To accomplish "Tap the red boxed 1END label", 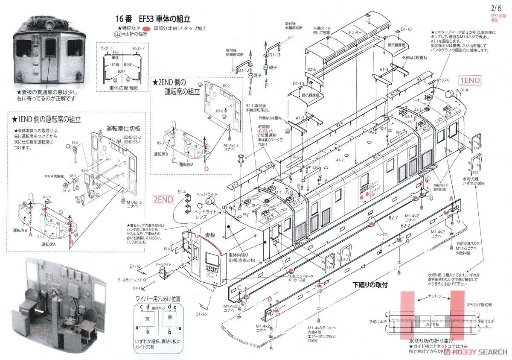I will click(470, 80).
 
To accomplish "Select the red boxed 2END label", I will click(163, 199).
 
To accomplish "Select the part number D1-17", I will click(47, 197).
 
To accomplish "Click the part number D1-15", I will click(66, 190).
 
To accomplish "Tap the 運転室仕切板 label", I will click(121, 128).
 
